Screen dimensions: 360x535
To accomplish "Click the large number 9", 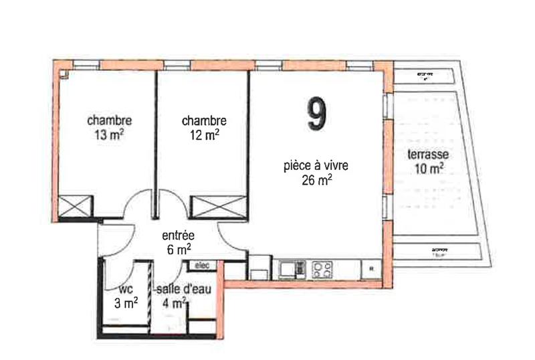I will click(x=318, y=114).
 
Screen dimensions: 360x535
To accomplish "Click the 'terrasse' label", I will click(x=428, y=155).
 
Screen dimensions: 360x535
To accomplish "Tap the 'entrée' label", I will click(x=179, y=236).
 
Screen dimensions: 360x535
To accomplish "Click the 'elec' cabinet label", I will click(x=202, y=266).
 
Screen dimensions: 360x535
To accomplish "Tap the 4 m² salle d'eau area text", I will click(x=173, y=302).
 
